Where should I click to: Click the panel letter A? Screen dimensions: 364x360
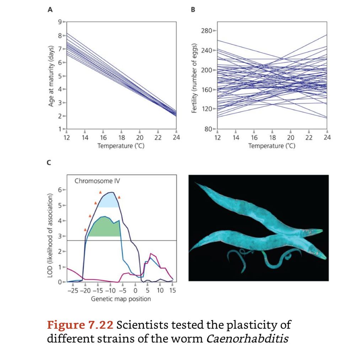50,10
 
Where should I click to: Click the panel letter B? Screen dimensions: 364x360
193,10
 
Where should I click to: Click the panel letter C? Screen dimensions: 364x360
49,163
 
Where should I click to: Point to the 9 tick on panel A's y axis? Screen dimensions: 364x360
60,22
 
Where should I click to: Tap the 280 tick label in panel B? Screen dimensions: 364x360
207,31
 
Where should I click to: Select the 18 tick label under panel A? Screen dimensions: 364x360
122,138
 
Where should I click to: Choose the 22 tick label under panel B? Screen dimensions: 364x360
309,138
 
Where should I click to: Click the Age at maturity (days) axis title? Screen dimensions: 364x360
51,76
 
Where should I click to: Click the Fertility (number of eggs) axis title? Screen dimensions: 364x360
194,78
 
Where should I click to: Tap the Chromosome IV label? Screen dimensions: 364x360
97,181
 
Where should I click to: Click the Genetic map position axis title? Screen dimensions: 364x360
121,299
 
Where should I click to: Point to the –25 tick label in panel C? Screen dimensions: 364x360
73,291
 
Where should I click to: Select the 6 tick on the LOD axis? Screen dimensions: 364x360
60,190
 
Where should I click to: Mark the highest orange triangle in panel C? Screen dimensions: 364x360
100,192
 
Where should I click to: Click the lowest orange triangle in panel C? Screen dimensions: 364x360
85,230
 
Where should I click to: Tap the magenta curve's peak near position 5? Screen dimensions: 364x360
151,253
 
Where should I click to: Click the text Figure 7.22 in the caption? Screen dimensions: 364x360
80,325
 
